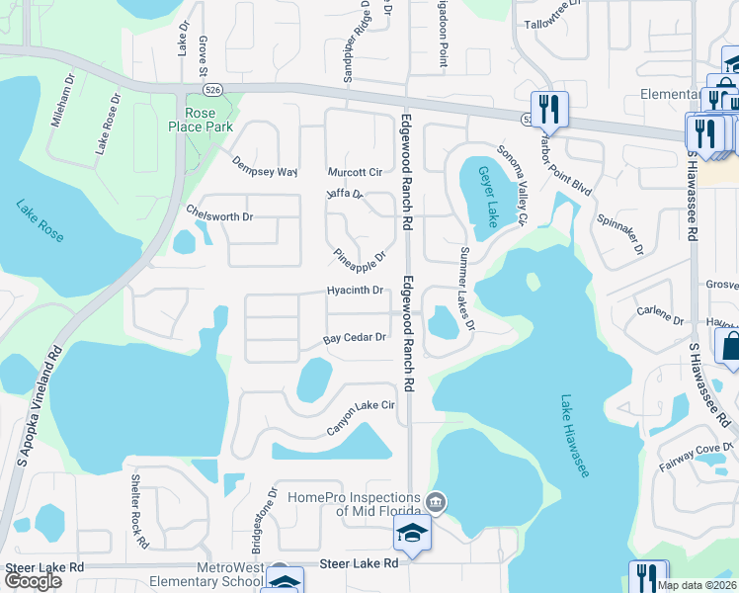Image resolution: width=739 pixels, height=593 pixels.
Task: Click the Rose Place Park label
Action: [x=200, y=120]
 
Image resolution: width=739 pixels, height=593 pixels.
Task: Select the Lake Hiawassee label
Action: [x=575, y=436]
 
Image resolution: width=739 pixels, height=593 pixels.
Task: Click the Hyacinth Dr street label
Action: [x=355, y=291]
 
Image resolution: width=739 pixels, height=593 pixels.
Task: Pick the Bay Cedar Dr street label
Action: [x=354, y=338]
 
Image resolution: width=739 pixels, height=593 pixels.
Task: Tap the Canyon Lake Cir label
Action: [x=361, y=418]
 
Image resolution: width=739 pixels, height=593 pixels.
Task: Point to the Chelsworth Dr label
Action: [x=219, y=213]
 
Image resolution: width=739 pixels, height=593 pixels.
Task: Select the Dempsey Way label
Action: [x=264, y=166]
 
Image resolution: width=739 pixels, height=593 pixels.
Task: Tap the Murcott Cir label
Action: [x=354, y=172]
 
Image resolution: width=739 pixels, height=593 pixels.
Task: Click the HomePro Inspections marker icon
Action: [x=434, y=503]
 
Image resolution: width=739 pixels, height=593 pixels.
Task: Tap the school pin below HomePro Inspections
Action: [x=412, y=537]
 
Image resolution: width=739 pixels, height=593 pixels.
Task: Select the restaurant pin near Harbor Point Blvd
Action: [x=550, y=109]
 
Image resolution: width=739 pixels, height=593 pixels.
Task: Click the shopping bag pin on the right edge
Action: [x=730, y=347]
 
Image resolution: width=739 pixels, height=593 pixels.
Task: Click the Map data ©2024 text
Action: [x=697, y=585]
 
